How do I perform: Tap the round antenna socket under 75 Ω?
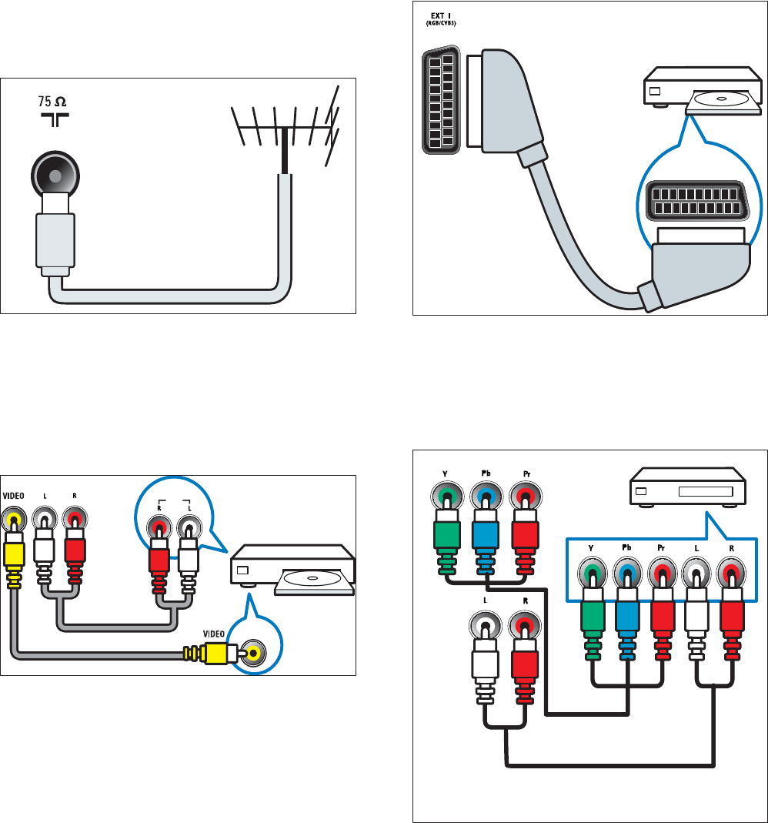pos(54,174)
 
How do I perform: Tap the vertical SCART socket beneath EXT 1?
pos(441,101)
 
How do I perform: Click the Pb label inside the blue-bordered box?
pos(626,547)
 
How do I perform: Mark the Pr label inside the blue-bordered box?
pos(660,547)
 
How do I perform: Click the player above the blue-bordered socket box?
pos(687,489)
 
